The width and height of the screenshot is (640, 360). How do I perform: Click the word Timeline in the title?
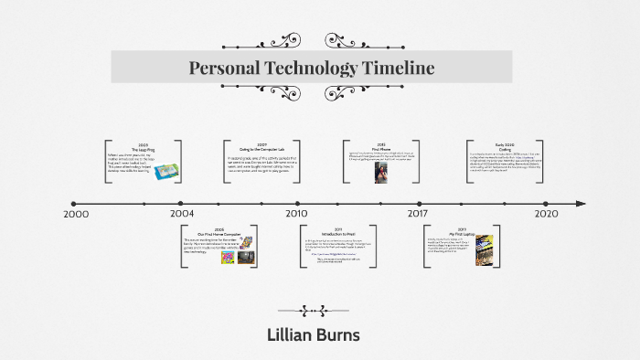[x=389, y=68]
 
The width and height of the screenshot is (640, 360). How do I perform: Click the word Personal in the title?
[x=225, y=68]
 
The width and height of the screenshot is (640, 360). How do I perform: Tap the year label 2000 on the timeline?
[x=76, y=214]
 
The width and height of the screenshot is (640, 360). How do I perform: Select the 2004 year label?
[x=181, y=214]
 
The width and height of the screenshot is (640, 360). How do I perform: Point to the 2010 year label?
[x=296, y=214]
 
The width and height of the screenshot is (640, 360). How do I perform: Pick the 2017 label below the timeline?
[x=418, y=214]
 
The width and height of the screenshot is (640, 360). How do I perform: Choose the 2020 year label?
[x=546, y=214]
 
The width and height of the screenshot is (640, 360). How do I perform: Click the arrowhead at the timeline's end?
[x=579, y=203]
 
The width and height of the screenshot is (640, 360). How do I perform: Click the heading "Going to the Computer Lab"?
[x=261, y=149]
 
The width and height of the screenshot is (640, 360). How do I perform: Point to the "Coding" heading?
[x=506, y=149]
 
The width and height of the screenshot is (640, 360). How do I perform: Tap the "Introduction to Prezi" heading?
[x=337, y=233]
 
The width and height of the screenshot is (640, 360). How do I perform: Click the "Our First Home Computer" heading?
[x=219, y=234]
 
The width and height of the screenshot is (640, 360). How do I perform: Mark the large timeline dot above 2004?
[x=181, y=203]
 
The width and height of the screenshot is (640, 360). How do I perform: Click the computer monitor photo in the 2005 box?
[x=244, y=258]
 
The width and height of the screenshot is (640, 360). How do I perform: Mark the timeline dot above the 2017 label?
[x=418, y=203]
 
